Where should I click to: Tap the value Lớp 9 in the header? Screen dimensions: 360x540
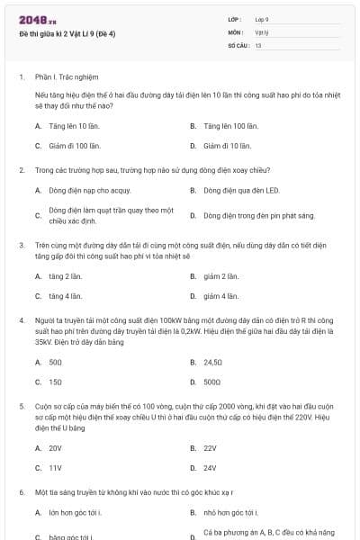(x=262, y=19)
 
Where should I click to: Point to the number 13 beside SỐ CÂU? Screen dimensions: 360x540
(x=258, y=44)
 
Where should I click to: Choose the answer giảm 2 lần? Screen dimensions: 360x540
(x=220, y=276)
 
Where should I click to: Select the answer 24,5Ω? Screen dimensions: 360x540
(x=213, y=362)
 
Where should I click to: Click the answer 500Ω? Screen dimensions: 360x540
(x=211, y=382)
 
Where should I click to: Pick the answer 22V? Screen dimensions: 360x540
(x=210, y=447)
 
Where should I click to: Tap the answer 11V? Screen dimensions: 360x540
(x=55, y=467)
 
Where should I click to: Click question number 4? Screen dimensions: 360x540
(x=22, y=319)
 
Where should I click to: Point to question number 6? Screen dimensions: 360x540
(x=22, y=492)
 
